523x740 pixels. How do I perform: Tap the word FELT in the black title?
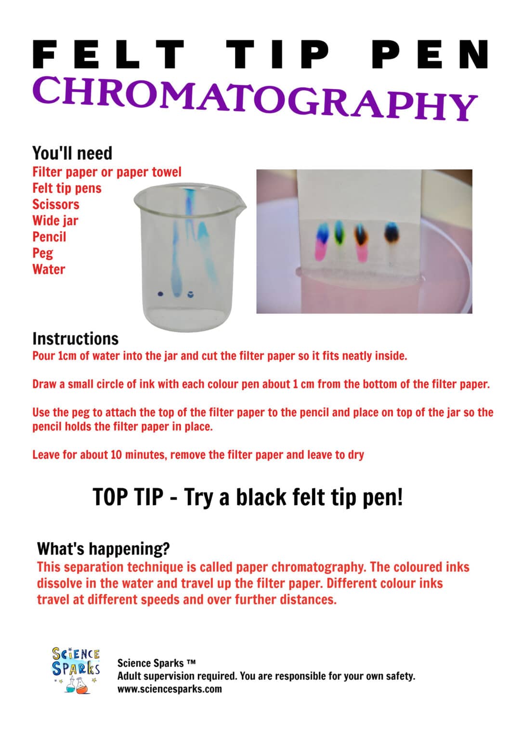click(109, 54)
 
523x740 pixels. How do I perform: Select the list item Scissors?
click(55, 204)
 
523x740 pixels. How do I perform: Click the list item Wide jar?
click(55, 221)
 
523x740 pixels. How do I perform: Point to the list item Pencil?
click(49, 237)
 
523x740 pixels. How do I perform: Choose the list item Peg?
click(42, 253)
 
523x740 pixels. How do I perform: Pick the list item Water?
click(49, 269)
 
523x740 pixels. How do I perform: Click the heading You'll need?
click(72, 153)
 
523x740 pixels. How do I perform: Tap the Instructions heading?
click(76, 339)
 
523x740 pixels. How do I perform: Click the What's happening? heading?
click(103, 548)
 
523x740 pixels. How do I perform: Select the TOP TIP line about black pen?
click(248, 497)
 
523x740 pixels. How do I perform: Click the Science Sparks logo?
click(76, 670)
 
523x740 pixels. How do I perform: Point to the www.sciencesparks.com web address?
click(170, 688)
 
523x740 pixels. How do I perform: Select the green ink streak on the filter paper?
click(340, 232)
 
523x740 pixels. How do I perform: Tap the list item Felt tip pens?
click(67, 188)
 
